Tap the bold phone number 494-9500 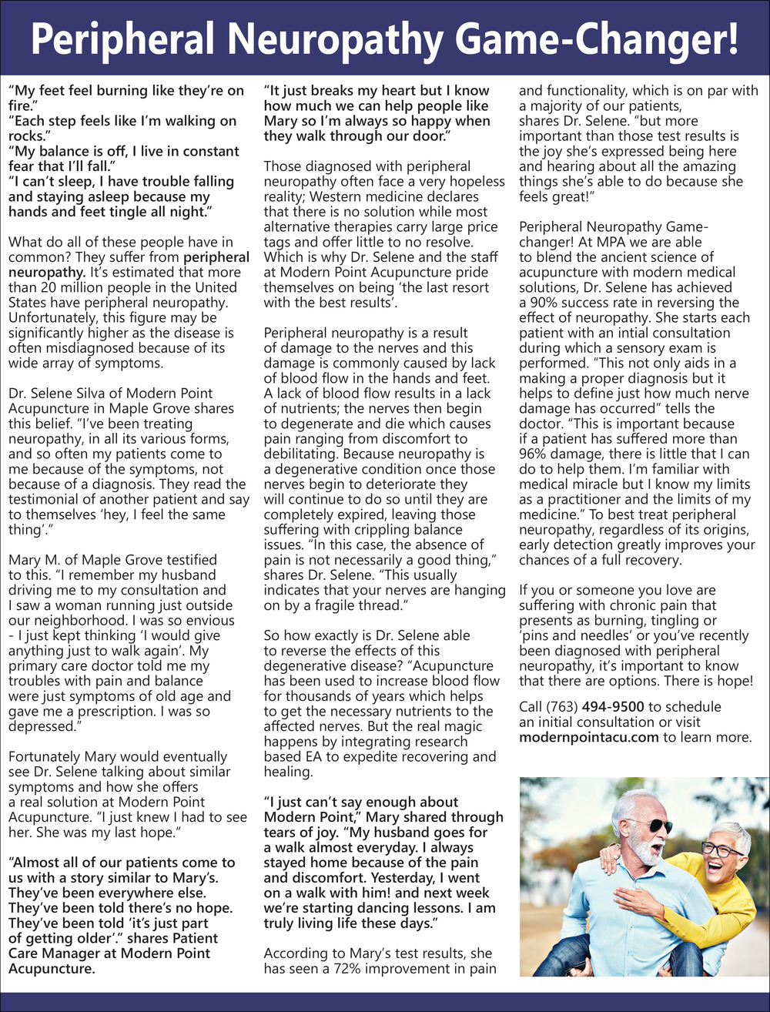[613, 707]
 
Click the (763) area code [561, 707]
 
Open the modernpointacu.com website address [589, 737]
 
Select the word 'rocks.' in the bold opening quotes [28, 136]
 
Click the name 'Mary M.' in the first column [35, 560]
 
